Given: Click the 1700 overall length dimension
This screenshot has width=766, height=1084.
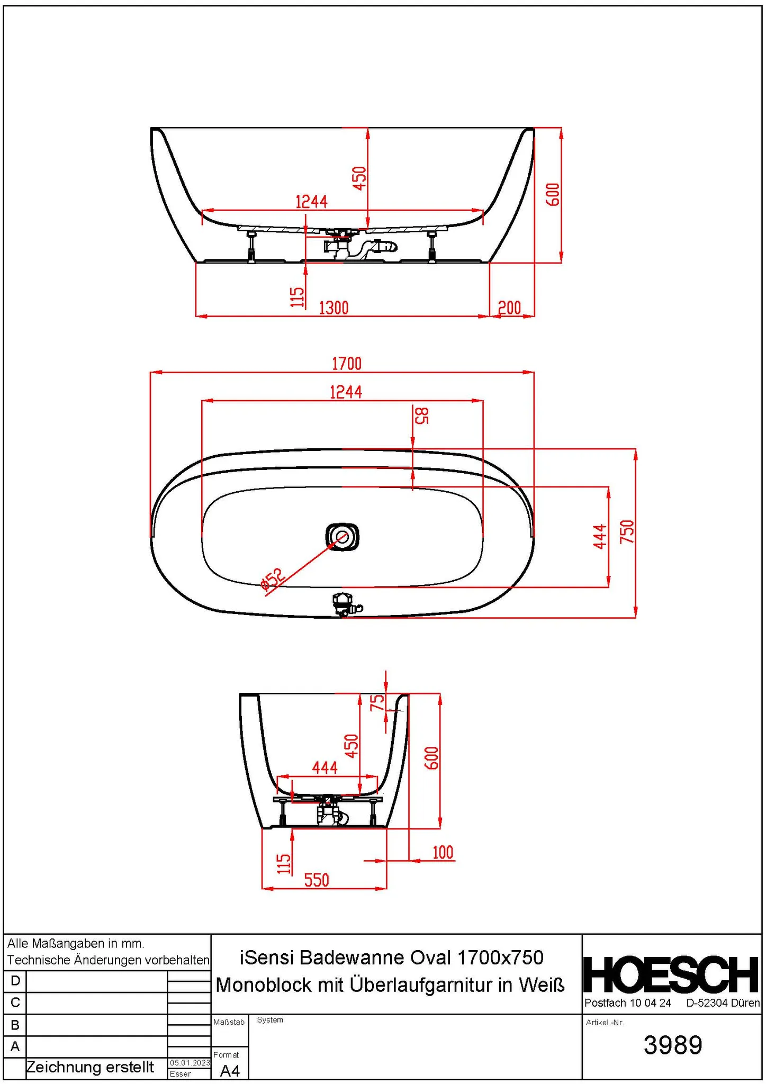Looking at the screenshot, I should (x=347, y=364).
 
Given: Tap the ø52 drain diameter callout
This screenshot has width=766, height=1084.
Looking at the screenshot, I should (x=273, y=580).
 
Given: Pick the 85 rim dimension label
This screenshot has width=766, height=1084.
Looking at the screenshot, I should (x=421, y=416).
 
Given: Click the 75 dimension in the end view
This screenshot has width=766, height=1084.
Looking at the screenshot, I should (x=377, y=703).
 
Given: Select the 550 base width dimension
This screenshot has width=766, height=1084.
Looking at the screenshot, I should (x=317, y=880).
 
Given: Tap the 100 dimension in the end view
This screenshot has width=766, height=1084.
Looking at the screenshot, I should (x=443, y=853).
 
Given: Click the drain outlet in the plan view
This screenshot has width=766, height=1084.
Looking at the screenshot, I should (x=342, y=537).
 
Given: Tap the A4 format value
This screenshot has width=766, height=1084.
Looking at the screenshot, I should (x=230, y=1071).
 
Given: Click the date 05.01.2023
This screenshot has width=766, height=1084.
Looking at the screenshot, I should (x=190, y=1063).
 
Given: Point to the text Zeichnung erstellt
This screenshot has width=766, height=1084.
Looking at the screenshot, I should (x=90, y=1067).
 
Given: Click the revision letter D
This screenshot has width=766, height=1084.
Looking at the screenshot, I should (x=15, y=981).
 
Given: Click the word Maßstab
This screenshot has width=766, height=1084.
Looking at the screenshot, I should (x=229, y=1022).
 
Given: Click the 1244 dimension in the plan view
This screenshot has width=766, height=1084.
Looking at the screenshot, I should (x=346, y=392).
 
